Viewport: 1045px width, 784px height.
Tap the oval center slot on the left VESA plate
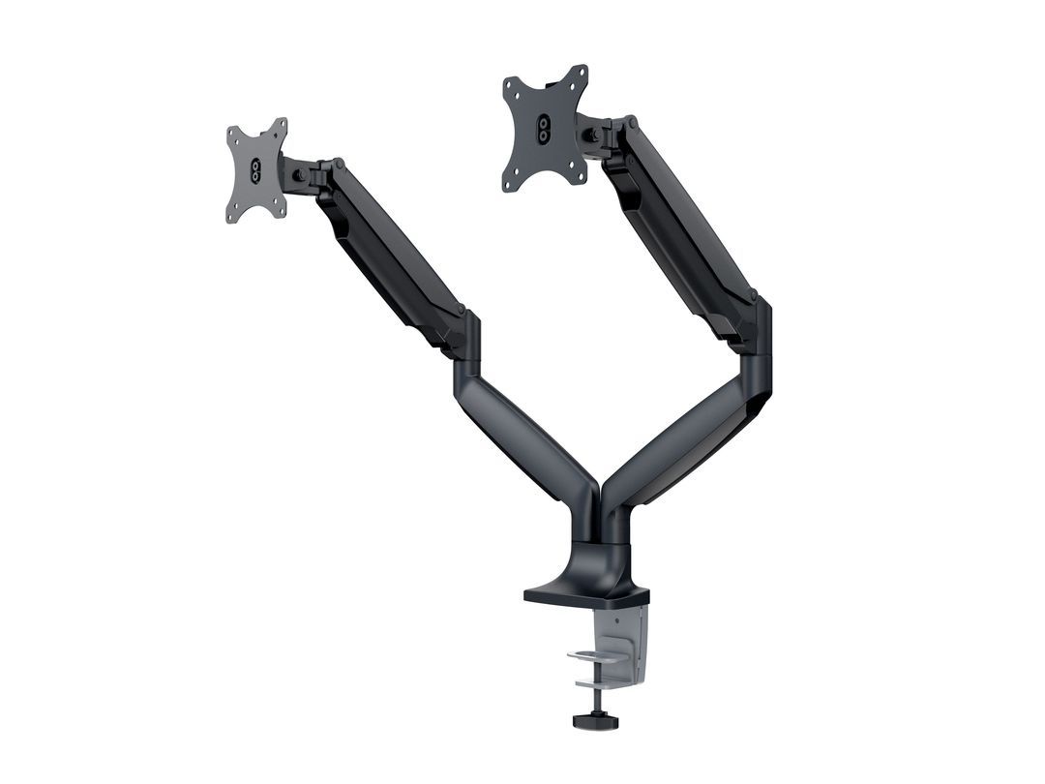click(256, 171)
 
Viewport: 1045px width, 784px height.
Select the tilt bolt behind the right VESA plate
click(590, 135)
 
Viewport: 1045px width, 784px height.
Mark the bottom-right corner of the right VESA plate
click(583, 180)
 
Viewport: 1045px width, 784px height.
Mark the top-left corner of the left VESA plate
click(229, 130)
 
